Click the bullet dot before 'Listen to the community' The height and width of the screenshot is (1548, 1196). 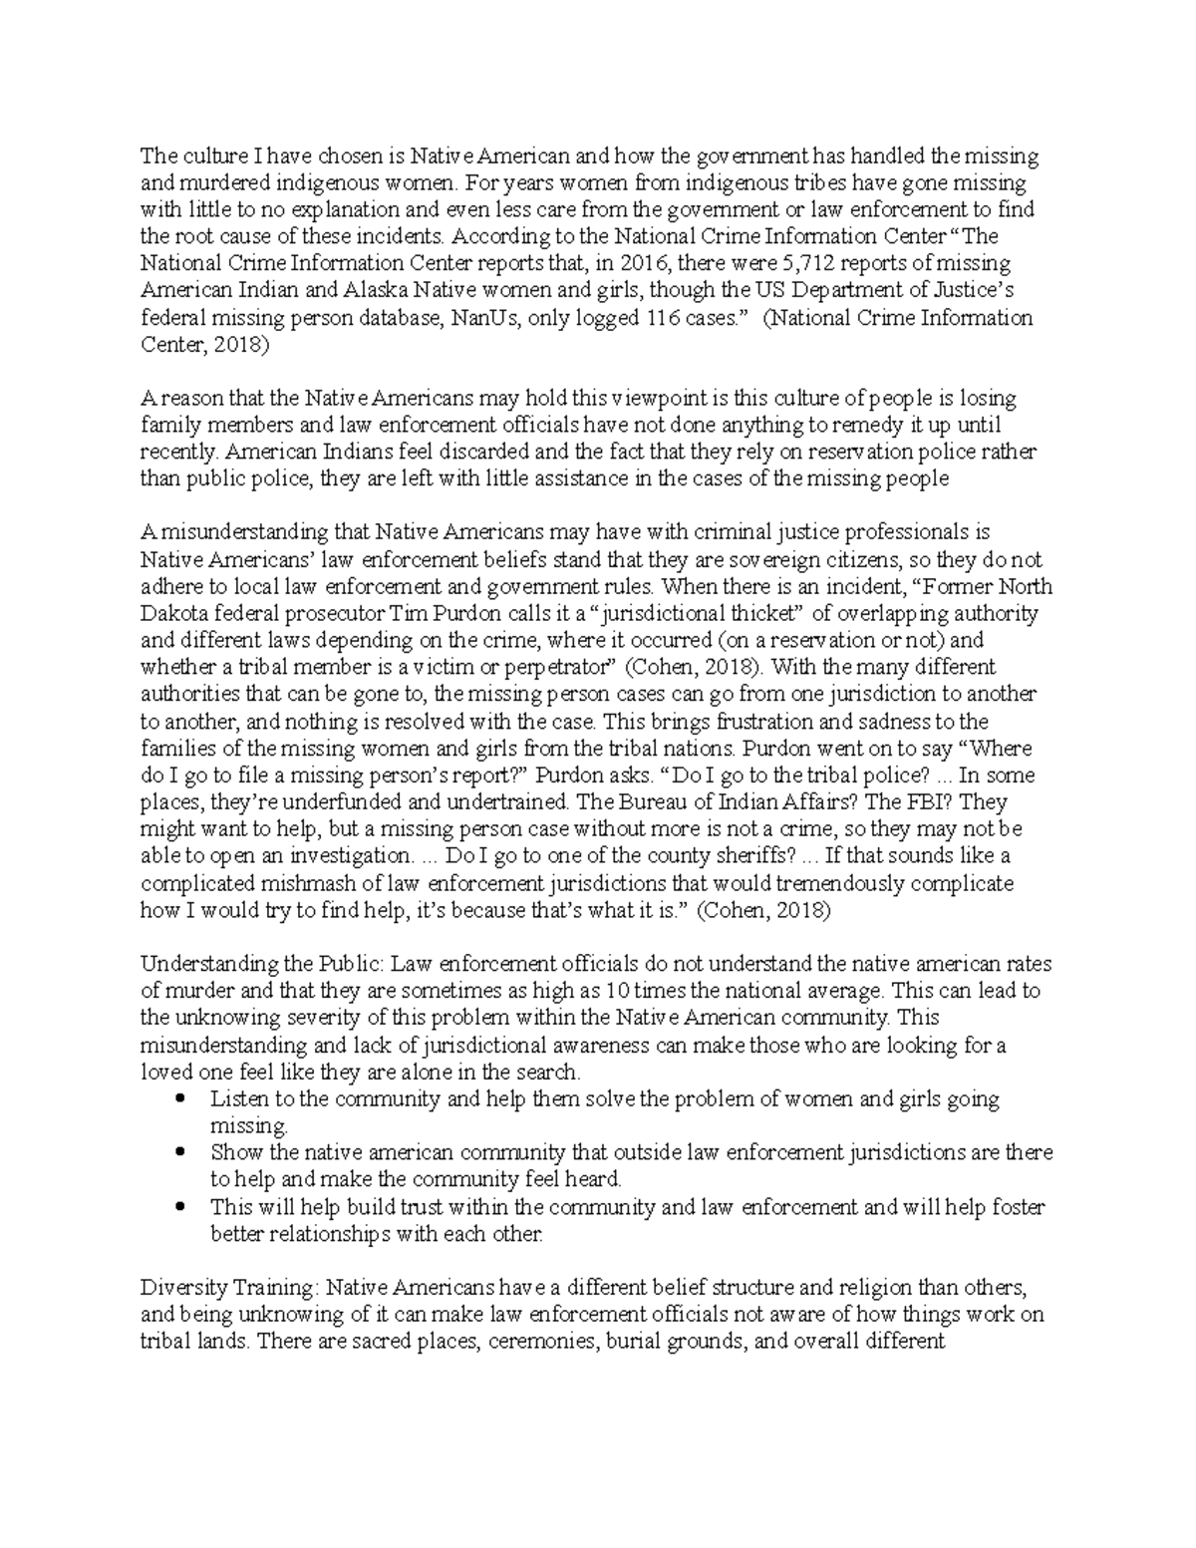click(x=180, y=1099)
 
